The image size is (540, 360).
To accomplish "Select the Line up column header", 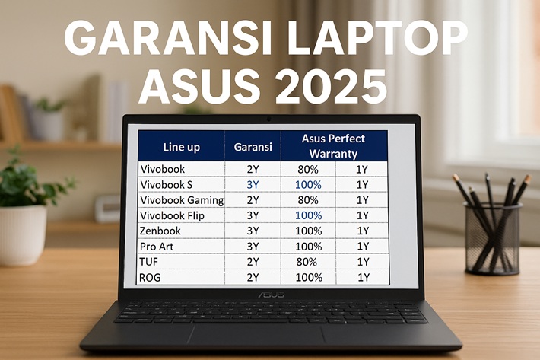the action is coord(182,147).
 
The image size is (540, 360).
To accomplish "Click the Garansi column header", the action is coord(253,147).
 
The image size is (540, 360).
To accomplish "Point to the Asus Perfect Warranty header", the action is coord(333,145).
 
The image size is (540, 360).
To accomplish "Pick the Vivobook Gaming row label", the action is coord(182,200).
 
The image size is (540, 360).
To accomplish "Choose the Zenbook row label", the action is coord(160,231).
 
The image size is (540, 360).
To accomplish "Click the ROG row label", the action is coord(150,277).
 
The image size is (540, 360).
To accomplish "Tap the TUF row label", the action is coord(149,262).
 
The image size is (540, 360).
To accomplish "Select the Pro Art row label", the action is coord(157,247).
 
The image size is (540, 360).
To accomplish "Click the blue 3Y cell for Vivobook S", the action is coord(253,185).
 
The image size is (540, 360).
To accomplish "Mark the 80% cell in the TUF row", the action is coord(307,262).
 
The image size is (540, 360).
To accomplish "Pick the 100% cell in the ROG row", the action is coord(309,277).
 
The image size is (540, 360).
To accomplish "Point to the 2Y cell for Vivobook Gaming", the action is coord(253,200).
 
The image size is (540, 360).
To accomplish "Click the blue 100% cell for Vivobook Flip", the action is coord(309,215).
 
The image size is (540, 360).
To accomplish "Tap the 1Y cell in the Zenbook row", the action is coord(363,231).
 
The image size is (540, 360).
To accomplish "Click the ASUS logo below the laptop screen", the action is coord(272,295).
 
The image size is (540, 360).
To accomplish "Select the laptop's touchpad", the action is coord(256,334).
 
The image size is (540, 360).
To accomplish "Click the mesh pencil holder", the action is coord(491,238).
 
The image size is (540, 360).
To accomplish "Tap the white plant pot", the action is coord(23,235).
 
